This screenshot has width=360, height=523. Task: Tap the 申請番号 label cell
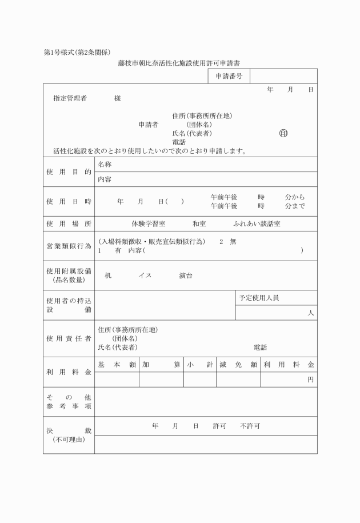[x=229, y=76]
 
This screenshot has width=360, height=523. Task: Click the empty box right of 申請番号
[x=283, y=76]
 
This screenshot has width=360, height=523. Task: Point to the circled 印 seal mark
[x=283, y=133]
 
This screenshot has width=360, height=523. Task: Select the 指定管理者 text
[x=70, y=98]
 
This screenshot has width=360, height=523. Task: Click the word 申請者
[x=148, y=125]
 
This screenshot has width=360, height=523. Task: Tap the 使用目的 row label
[x=69, y=171]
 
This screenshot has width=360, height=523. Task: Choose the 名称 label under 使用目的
[x=105, y=164]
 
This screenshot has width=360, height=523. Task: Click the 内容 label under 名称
[x=105, y=179]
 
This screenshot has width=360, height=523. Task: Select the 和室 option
[x=199, y=224]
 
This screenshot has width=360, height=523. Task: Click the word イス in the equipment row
[x=145, y=276]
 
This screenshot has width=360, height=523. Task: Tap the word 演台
[x=186, y=276]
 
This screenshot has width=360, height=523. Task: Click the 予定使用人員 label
[x=259, y=298]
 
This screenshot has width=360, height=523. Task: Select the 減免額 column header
[x=238, y=365]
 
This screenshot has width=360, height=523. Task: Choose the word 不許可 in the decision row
[x=250, y=426]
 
